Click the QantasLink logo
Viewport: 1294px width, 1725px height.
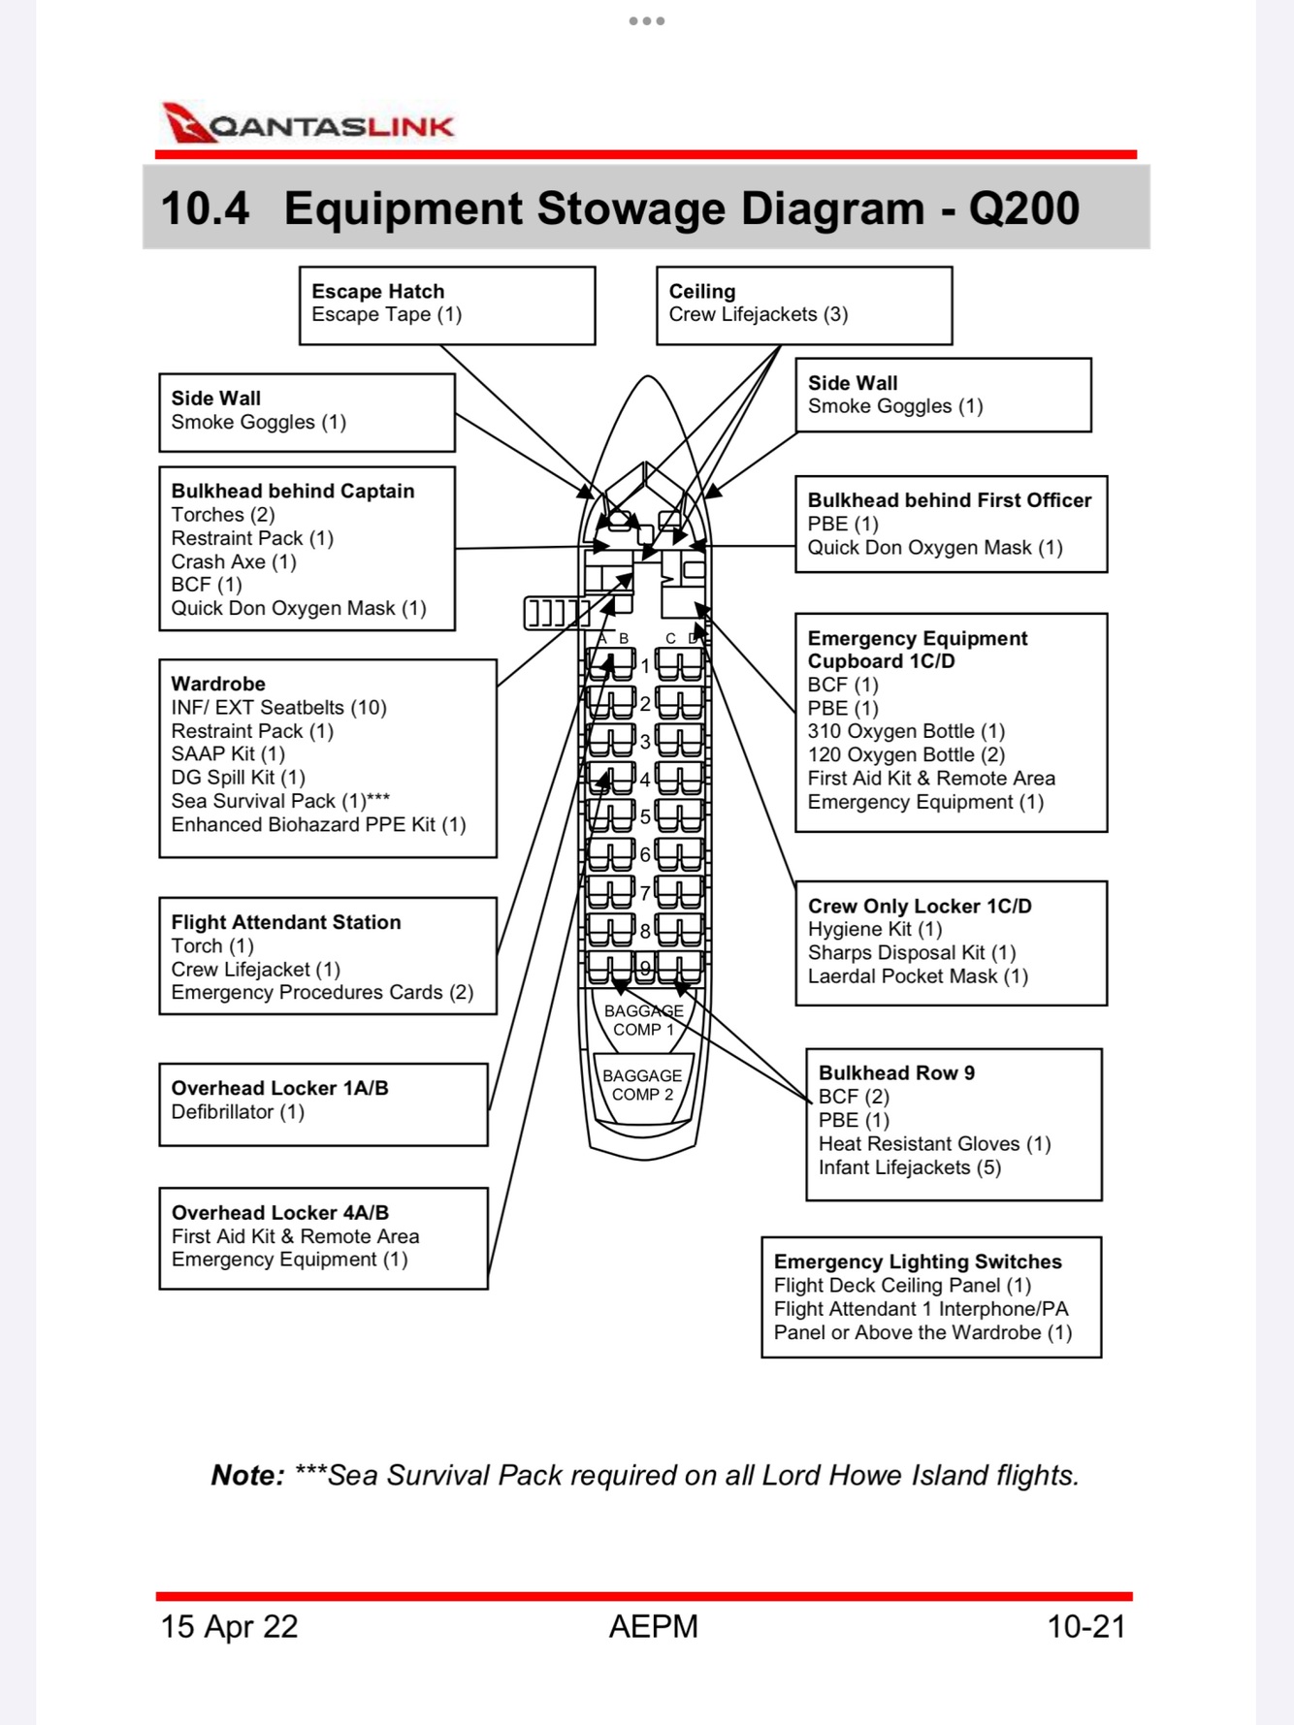(x=308, y=124)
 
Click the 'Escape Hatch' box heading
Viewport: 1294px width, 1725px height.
(x=377, y=291)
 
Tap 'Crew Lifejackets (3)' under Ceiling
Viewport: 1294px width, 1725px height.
(x=758, y=314)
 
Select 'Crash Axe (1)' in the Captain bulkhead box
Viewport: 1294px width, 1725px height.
(x=233, y=561)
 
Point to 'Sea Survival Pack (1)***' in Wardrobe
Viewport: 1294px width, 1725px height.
(x=279, y=801)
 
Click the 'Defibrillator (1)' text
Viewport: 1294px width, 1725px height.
(x=238, y=1111)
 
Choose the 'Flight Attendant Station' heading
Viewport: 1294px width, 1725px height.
(x=285, y=922)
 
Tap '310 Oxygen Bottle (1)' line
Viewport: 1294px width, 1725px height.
(x=905, y=731)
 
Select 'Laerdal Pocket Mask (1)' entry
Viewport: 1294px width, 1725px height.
(x=917, y=976)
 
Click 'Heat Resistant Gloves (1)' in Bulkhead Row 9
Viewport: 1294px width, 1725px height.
(x=934, y=1144)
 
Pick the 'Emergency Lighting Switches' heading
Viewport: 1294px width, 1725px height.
(x=917, y=1262)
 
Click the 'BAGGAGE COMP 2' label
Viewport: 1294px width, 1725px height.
(x=642, y=1085)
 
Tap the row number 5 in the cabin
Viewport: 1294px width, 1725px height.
(x=645, y=816)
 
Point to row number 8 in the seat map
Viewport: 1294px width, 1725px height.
(x=645, y=931)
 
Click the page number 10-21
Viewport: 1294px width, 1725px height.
(x=1085, y=1626)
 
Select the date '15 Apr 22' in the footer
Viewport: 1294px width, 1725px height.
(x=229, y=1626)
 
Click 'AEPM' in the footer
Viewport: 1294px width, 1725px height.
(x=653, y=1626)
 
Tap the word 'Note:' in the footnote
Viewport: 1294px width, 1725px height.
(x=247, y=1475)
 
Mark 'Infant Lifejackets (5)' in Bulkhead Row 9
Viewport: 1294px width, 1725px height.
(x=909, y=1167)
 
